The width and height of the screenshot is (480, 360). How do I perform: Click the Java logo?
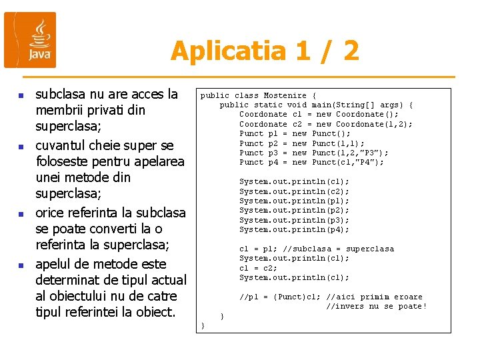30,40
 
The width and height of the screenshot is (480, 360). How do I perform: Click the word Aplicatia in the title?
217,51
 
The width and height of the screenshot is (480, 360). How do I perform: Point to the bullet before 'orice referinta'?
20,214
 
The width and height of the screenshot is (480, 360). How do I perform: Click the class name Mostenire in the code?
285,95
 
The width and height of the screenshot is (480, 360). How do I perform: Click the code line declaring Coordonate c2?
325,124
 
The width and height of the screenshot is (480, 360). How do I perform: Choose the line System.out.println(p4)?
294,229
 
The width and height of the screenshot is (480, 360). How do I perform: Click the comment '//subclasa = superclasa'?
338,249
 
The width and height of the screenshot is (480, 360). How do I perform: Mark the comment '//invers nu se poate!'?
376,306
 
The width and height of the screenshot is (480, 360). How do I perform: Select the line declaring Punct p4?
311,162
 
